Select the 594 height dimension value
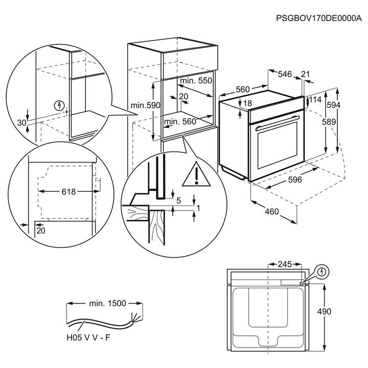click(x=348, y=105)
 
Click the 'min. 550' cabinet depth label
click(x=196, y=81)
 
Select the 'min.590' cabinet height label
click(x=145, y=105)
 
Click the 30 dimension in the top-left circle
click(x=21, y=123)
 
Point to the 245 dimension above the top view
click(x=284, y=264)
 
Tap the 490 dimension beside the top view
click(x=338, y=311)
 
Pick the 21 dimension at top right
click(x=305, y=75)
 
